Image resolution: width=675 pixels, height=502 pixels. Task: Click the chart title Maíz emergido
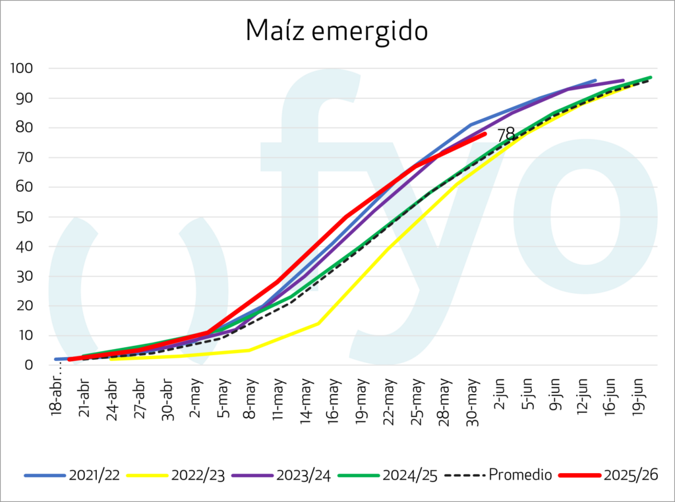tap(337, 31)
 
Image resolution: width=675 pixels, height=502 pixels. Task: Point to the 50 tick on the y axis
tap(24, 217)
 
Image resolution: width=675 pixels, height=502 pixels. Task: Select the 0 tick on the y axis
tap(28, 365)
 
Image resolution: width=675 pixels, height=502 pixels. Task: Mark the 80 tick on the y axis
tap(24, 128)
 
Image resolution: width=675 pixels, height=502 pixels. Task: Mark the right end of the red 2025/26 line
tap(485, 134)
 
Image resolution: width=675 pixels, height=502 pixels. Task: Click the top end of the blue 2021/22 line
tap(595, 80)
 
